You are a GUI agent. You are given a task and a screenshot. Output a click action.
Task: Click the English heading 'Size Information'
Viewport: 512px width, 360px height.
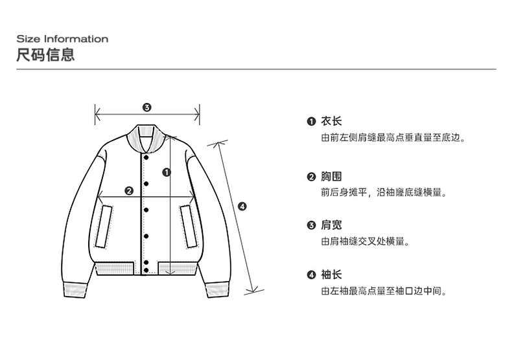click(x=62, y=39)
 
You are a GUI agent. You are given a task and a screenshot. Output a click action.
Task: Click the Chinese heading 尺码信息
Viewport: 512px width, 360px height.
click(x=45, y=54)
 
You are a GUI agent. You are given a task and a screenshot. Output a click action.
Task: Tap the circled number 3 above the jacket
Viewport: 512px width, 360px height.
click(x=146, y=107)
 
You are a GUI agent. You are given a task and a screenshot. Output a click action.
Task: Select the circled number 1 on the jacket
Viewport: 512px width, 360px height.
click(x=167, y=172)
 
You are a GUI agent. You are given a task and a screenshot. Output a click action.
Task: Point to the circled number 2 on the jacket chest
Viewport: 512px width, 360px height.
click(x=128, y=190)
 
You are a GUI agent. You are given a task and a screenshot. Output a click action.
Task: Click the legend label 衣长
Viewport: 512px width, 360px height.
click(x=331, y=121)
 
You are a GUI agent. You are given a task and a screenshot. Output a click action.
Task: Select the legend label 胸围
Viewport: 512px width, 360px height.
click(x=331, y=177)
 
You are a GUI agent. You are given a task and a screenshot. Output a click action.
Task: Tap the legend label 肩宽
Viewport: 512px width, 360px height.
click(x=331, y=225)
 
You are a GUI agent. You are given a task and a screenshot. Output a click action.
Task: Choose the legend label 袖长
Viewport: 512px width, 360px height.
click(x=331, y=275)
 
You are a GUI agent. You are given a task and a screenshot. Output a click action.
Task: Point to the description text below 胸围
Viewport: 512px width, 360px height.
click(x=384, y=192)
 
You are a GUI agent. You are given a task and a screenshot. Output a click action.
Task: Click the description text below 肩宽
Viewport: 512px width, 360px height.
click(x=365, y=242)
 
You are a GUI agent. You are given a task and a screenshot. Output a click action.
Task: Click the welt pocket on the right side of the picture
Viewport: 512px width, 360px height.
click(x=189, y=227)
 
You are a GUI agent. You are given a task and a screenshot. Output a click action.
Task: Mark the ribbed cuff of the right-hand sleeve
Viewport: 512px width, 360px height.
click(x=217, y=290)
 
